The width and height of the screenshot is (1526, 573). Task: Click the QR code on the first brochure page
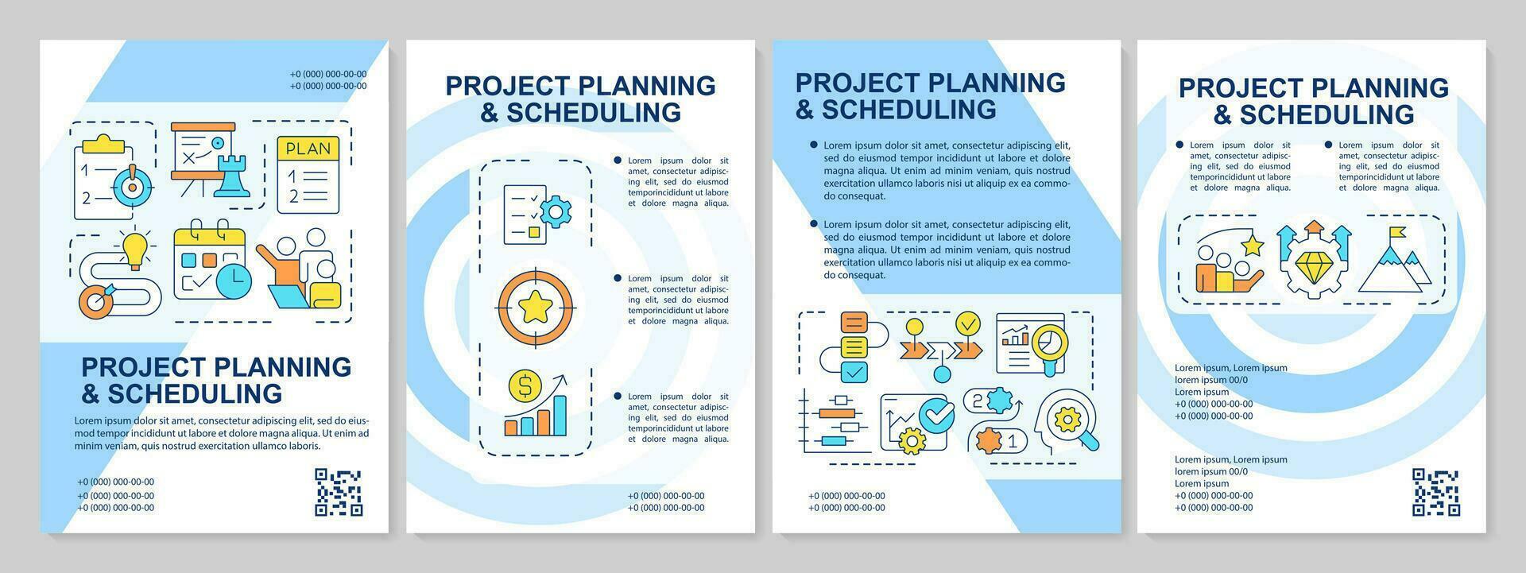pos(339,493)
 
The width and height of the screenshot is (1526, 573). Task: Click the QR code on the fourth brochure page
pos(1435,492)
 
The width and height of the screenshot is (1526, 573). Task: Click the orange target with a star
pos(535,305)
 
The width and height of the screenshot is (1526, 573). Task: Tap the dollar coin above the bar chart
pos(525,386)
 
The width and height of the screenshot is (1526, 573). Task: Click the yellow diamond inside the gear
pos(1313,261)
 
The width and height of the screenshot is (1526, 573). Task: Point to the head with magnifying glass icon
pos(1066,421)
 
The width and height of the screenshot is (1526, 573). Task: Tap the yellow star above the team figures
pos(1253,245)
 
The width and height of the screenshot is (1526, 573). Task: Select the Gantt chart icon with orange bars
pos(835,422)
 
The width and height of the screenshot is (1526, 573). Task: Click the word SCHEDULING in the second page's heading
pos(594,113)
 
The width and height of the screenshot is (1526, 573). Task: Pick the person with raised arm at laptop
pos(298,268)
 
